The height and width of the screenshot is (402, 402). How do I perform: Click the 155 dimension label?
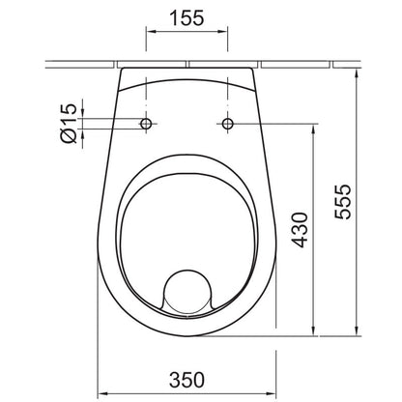(x=187, y=18)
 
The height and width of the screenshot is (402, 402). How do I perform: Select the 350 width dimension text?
(x=187, y=380)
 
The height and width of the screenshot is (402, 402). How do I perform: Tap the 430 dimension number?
(x=300, y=230)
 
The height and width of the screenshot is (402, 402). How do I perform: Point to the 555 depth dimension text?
(x=342, y=202)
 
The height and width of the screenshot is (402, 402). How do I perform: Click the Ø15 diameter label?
(x=69, y=124)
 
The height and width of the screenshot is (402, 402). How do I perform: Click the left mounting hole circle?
(x=146, y=124)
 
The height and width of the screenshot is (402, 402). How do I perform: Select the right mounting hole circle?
(x=228, y=124)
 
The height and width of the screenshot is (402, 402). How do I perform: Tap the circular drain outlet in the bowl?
(x=188, y=292)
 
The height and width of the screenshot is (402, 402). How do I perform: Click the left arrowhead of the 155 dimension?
(x=151, y=31)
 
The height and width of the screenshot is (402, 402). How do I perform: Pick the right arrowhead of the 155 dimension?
(x=223, y=31)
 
